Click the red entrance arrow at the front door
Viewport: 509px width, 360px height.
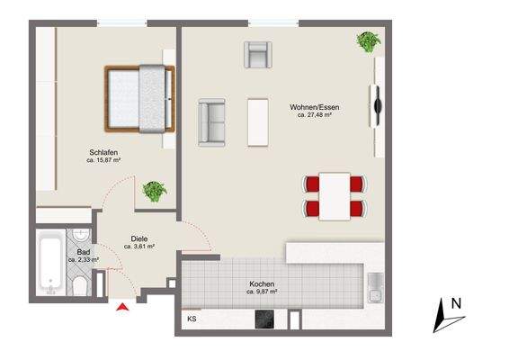coord(122,309)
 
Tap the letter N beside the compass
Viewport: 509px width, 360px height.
coord(456,304)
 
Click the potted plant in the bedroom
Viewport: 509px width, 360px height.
coord(155,191)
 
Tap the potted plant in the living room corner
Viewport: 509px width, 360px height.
coord(367,41)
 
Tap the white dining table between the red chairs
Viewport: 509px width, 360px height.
coord(335,195)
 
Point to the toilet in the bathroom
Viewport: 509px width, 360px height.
coord(79,287)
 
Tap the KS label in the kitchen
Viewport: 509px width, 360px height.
coord(192,319)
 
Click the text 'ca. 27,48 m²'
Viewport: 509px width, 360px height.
coord(316,115)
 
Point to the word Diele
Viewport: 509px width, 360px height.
coord(138,238)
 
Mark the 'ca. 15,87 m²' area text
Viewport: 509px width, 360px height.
coord(103,160)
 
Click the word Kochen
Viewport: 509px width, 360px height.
coord(262,283)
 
